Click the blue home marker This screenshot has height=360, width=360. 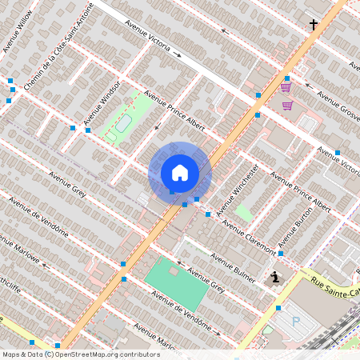point(179,173)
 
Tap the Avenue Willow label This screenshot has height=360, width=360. point(18,32)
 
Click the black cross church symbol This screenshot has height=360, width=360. point(314,26)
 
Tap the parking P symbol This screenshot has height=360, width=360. point(296,322)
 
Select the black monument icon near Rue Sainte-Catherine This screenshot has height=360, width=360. point(276,278)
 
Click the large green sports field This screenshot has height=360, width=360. point(176,285)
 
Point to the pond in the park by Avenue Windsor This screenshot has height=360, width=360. point(123,123)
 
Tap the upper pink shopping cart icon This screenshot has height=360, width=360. point(286,87)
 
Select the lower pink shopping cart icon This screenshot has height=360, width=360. point(287,105)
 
